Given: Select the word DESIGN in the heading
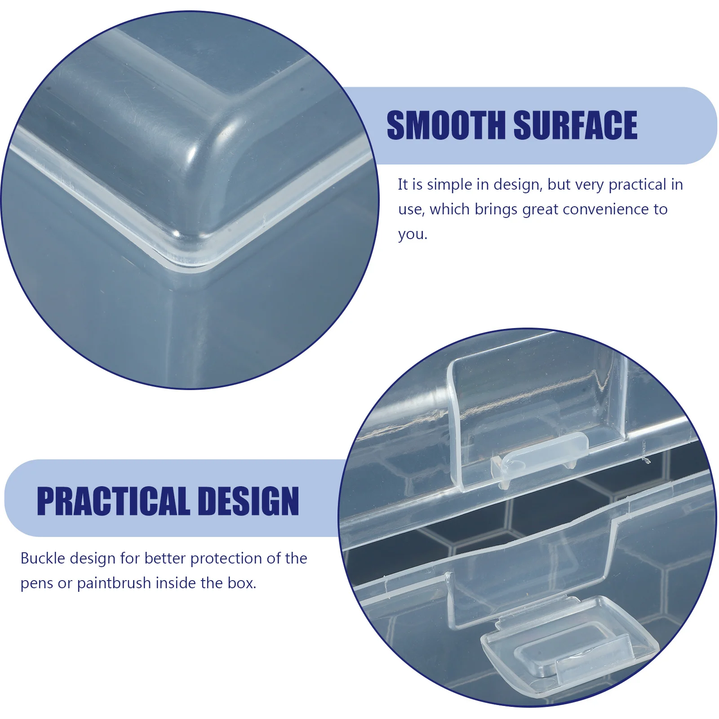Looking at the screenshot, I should (248, 501).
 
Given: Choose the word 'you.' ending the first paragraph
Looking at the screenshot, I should (413, 234).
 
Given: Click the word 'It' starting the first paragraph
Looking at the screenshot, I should (403, 185).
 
